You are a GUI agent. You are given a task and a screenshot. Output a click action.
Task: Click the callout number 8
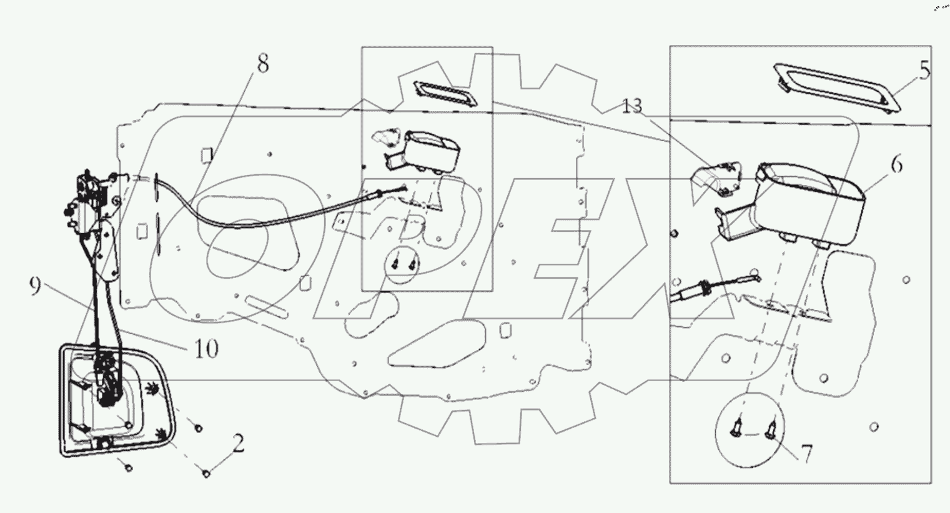(262, 63)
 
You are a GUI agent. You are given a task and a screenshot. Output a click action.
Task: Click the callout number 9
(36, 287)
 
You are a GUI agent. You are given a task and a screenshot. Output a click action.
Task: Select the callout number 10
(206, 348)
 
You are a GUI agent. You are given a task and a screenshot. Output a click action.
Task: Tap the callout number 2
(237, 444)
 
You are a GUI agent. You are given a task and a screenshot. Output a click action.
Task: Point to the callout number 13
(631, 106)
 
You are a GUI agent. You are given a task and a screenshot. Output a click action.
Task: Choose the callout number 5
(924, 70)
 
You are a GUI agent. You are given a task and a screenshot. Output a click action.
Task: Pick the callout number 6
(896, 165)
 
